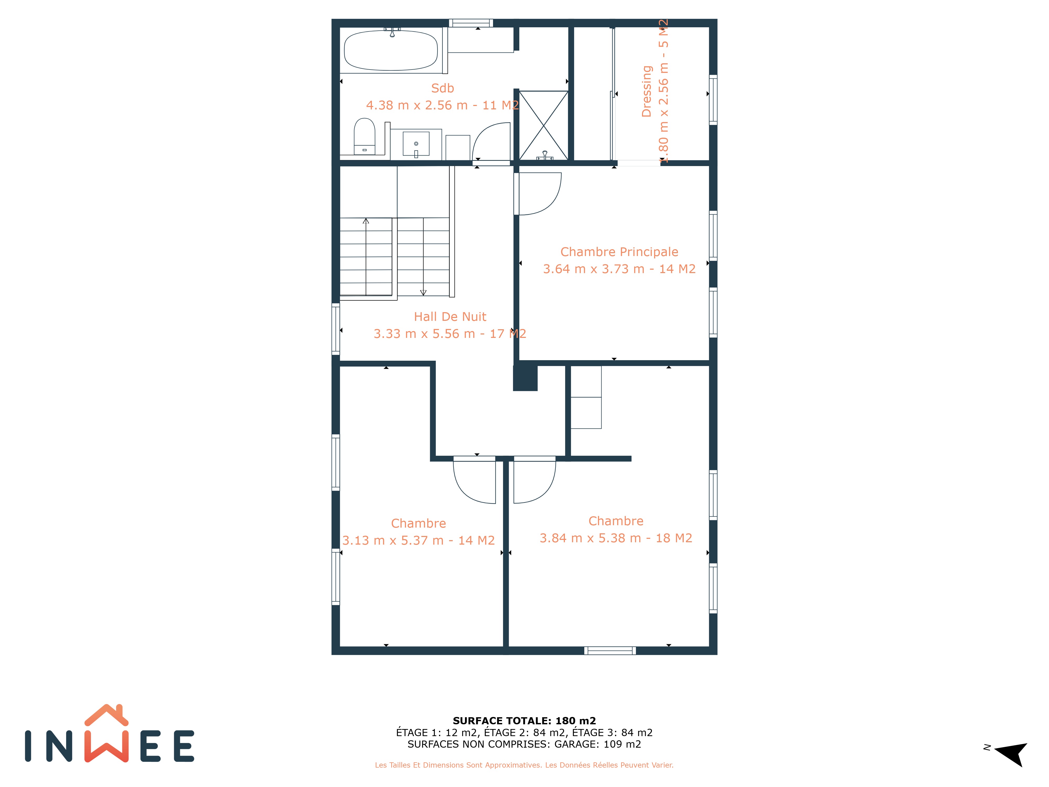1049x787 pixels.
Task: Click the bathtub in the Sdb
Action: click(391, 50)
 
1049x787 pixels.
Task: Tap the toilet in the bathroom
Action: click(364, 136)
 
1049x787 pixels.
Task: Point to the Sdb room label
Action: click(442, 88)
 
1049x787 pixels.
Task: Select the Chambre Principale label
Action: click(619, 252)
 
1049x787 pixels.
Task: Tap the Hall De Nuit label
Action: click(450, 316)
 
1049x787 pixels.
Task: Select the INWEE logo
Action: click(110, 733)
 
